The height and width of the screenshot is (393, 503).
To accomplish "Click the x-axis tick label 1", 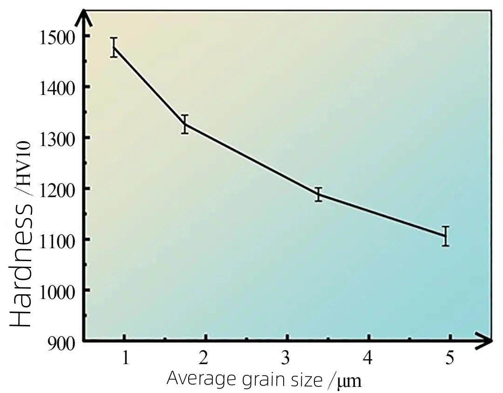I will tap(125, 358).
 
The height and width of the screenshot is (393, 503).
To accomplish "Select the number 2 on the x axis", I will tap(204, 358).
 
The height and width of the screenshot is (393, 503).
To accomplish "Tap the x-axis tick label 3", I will tap(286, 358).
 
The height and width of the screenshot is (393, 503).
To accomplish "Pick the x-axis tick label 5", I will tap(449, 358).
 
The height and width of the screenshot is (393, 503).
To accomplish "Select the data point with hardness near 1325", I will tap(185, 124).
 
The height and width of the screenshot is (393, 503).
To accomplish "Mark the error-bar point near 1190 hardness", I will tap(319, 194).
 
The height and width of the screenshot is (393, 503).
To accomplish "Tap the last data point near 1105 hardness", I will tap(445, 236).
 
